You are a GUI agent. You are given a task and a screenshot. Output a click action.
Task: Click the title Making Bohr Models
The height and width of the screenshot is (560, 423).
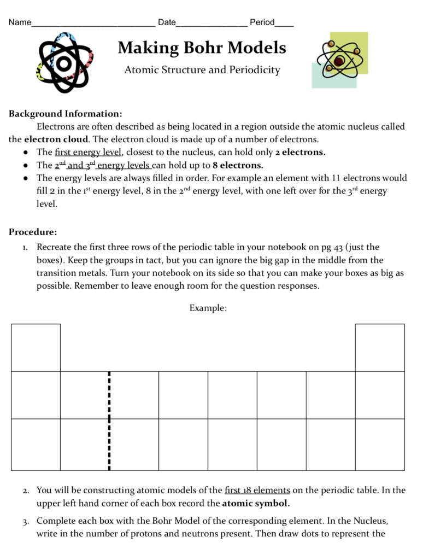(202, 48)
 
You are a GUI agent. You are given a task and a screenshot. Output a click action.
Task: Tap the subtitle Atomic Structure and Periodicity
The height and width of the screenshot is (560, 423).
(202, 70)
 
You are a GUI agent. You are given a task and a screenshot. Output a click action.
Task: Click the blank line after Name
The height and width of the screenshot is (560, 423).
(93, 24)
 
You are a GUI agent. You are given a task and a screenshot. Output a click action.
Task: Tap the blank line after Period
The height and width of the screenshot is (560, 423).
(284, 24)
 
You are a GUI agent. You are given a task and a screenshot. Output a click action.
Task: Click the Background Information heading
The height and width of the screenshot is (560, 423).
(65, 114)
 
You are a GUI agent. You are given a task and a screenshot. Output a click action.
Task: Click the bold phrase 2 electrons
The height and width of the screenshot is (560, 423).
(300, 152)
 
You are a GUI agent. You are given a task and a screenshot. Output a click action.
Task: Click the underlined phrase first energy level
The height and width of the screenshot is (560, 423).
(88, 152)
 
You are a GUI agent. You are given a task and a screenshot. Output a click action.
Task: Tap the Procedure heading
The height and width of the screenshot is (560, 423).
(33, 232)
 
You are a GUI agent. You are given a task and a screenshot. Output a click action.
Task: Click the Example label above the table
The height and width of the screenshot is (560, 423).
(208, 308)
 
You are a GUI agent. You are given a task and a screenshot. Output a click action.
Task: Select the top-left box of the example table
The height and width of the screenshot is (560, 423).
(36, 347)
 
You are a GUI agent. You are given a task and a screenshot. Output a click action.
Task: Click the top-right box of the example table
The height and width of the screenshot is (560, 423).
(380, 347)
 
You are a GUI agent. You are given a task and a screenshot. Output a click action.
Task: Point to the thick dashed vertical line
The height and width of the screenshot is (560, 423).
(109, 421)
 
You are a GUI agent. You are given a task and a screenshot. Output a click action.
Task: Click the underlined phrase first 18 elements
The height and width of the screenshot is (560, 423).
(257, 490)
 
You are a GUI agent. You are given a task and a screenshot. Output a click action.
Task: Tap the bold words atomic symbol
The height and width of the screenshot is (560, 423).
(256, 503)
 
